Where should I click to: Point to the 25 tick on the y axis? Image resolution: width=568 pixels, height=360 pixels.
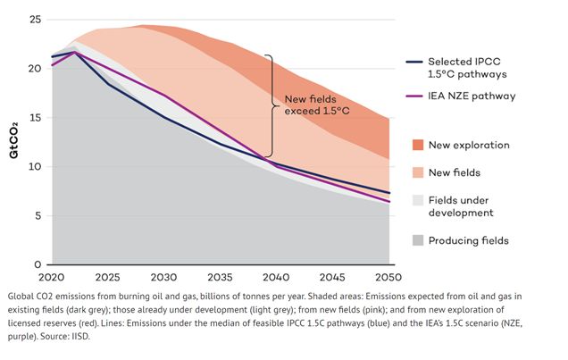click(x=36, y=19)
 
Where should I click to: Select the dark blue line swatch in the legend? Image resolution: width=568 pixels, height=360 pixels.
click(x=413, y=62)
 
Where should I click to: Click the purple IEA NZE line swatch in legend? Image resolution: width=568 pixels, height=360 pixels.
click(x=413, y=96)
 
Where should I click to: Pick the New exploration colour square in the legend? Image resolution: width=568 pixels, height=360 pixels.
click(x=418, y=145)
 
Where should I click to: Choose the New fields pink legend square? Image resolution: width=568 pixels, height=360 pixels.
click(x=418, y=172)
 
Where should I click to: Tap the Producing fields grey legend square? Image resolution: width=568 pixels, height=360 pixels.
click(x=418, y=240)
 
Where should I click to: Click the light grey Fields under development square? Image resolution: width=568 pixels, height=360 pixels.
click(x=418, y=200)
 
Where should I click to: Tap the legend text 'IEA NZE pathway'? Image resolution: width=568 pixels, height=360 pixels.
click(x=472, y=96)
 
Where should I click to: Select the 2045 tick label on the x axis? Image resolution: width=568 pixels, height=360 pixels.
click(x=331, y=278)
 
